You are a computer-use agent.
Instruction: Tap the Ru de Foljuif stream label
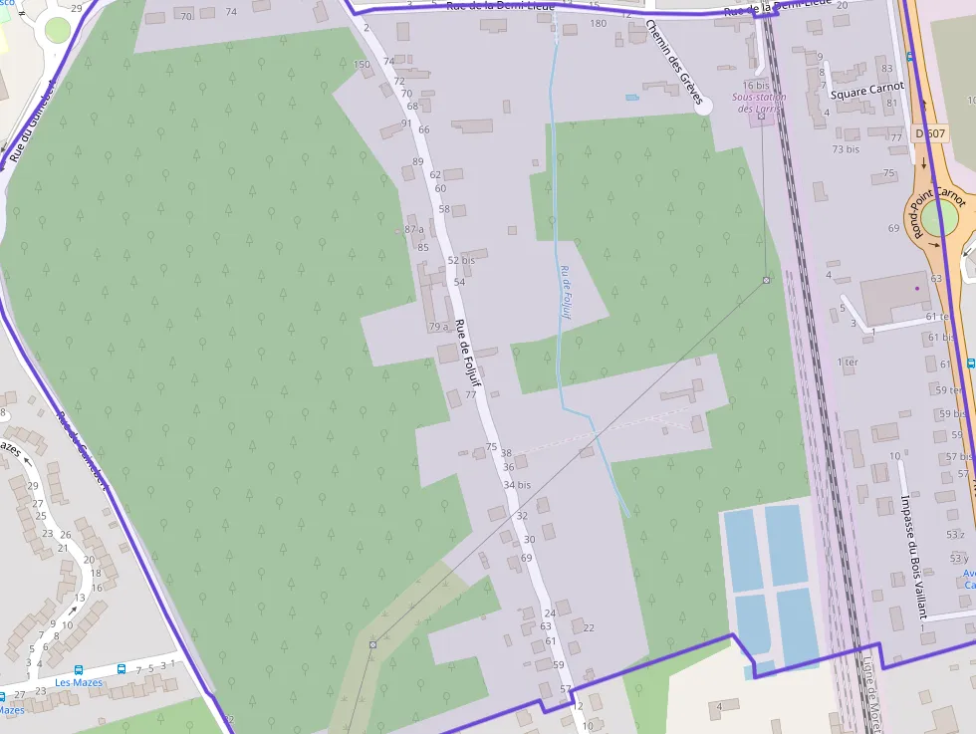tap(566, 292)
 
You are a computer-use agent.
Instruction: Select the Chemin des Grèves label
tap(674, 63)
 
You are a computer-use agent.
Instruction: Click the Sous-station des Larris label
tap(759, 103)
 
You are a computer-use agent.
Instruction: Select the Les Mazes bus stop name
tap(79, 682)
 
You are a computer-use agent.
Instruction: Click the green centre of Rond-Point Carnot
tap(939, 217)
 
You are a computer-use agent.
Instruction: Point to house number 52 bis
tap(461, 260)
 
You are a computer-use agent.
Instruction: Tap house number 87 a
tap(414, 230)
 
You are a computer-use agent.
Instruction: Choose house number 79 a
tap(438, 327)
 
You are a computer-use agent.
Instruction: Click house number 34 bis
tap(517, 485)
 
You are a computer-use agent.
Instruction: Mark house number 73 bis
tap(846, 149)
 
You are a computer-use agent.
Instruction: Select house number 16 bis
tap(756, 86)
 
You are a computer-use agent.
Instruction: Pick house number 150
tap(362, 65)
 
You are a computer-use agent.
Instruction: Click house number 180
tap(598, 23)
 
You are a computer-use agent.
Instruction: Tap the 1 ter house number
tap(848, 362)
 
